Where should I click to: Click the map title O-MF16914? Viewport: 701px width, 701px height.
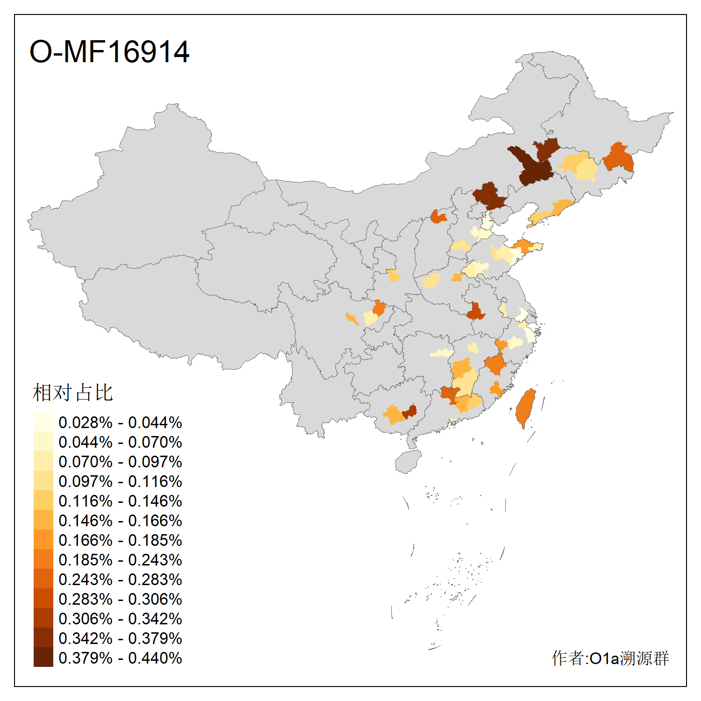[109, 51]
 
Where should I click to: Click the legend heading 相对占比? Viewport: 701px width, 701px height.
[73, 393]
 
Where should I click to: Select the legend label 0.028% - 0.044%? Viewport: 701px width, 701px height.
[120, 422]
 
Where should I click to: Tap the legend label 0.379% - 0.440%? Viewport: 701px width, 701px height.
[120, 658]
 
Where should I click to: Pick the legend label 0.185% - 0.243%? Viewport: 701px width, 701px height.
[120, 560]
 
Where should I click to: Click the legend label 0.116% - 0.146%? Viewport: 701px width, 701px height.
[120, 501]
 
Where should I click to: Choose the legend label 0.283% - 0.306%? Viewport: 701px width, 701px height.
[120, 599]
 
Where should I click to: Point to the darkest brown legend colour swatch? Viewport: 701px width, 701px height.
[43, 657]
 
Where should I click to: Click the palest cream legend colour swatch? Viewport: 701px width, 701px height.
[43, 422]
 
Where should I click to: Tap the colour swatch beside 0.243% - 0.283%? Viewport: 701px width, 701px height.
[43, 579]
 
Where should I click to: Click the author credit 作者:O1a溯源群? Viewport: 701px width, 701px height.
[610, 658]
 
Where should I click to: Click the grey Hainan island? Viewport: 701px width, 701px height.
[408, 462]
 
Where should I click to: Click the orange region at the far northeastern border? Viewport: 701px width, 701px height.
[619, 158]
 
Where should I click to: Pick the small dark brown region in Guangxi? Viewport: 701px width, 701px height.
[410, 412]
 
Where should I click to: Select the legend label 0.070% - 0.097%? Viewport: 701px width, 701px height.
[120, 462]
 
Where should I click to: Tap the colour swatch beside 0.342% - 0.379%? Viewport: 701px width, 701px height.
[43, 637]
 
